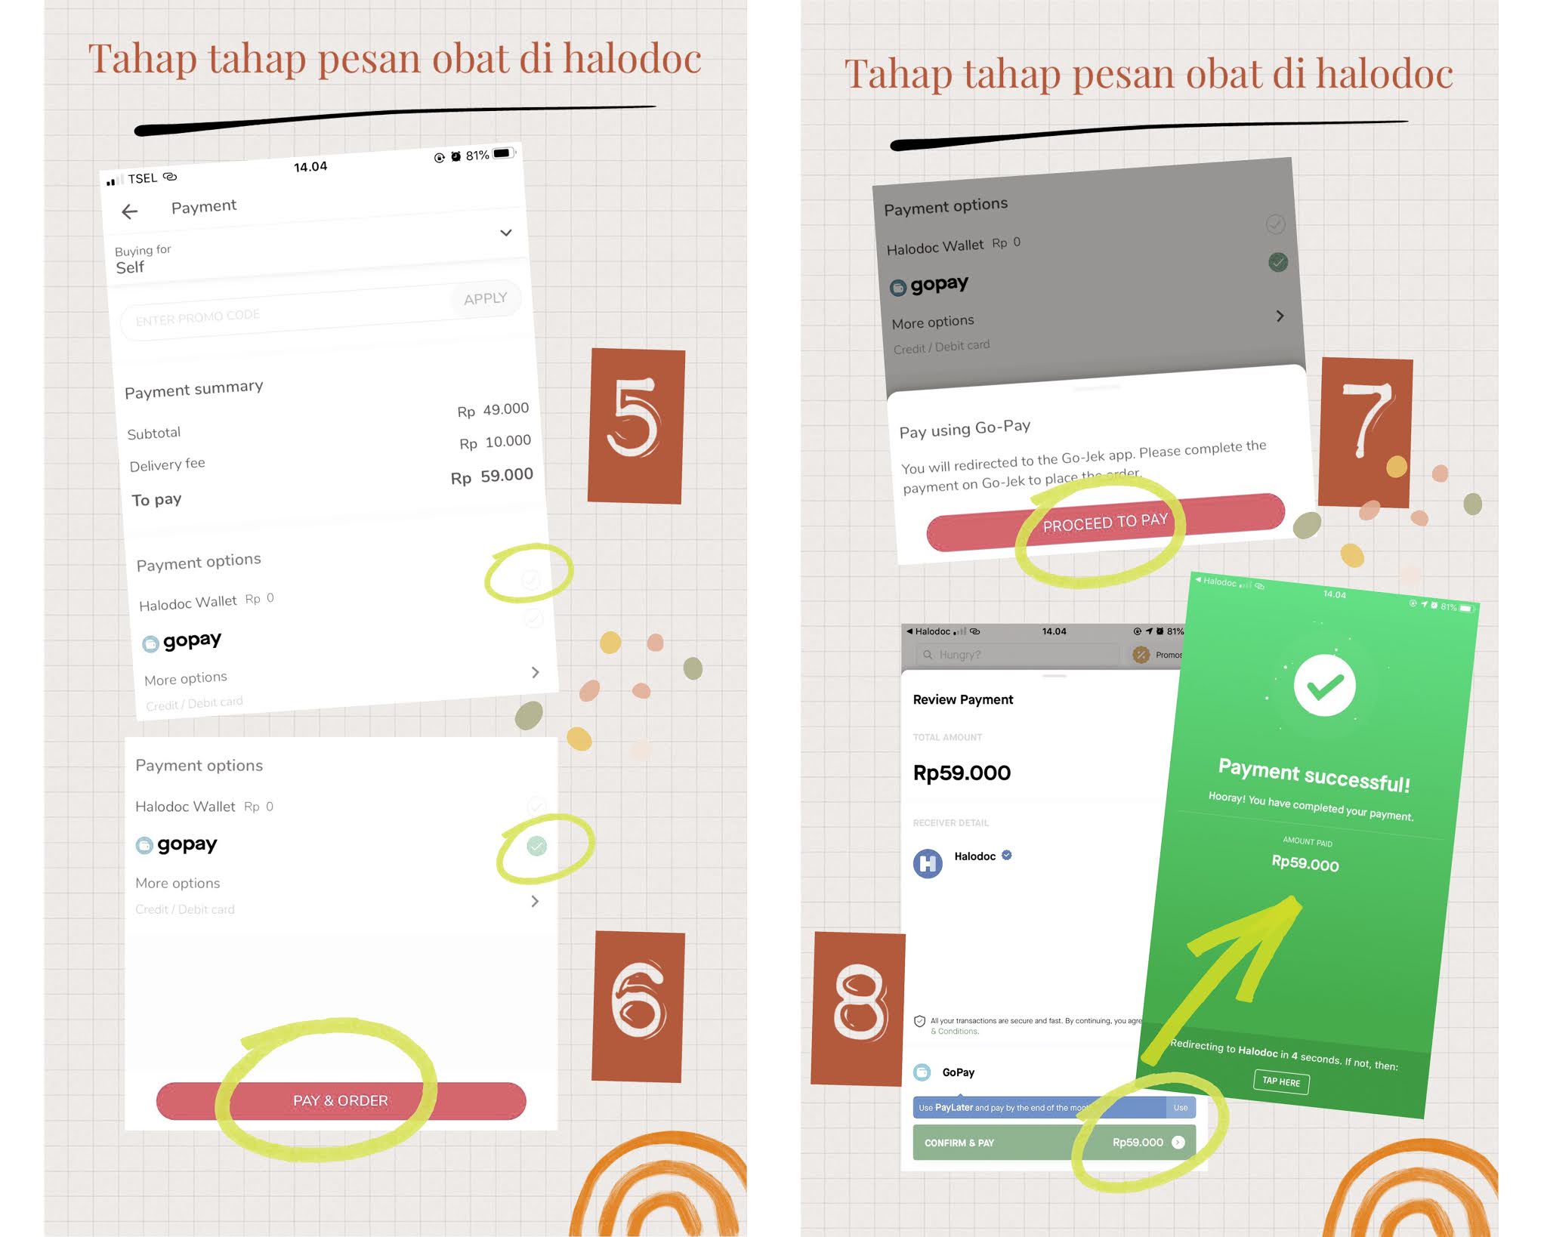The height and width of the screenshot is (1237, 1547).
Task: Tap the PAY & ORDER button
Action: [x=341, y=1100]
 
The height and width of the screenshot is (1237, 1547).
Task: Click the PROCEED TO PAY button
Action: [x=1105, y=522]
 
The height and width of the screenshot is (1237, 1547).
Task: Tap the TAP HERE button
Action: [x=1281, y=1081]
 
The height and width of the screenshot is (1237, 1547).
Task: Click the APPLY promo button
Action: [x=485, y=299]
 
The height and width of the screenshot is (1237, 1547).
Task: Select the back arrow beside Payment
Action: [x=130, y=212]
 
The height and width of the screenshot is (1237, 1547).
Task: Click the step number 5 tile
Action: [x=636, y=425]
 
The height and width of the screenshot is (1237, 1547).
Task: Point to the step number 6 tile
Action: [x=638, y=1006]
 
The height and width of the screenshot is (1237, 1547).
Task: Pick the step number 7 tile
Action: [x=1365, y=432]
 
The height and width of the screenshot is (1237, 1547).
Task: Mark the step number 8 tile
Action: [x=858, y=1009]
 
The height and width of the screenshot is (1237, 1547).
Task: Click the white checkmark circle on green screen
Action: [x=1324, y=686]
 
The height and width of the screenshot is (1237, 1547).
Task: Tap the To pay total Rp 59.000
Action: [x=492, y=476]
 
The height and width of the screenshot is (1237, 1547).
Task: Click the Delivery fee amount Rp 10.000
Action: [x=495, y=442]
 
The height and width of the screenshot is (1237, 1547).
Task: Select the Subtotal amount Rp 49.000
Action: [x=493, y=410]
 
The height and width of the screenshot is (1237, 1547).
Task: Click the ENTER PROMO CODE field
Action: [x=287, y=313]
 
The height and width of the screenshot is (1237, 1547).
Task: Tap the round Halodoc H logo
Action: [x=928, y=863]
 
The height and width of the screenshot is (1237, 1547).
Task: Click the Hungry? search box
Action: [x=1017, y=655]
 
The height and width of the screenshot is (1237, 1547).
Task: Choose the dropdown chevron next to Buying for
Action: [x=506, y=233]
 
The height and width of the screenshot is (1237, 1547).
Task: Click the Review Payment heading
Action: [x=963, y=700]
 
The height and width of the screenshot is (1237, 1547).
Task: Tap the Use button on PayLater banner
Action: [x=1180, y=1108]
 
